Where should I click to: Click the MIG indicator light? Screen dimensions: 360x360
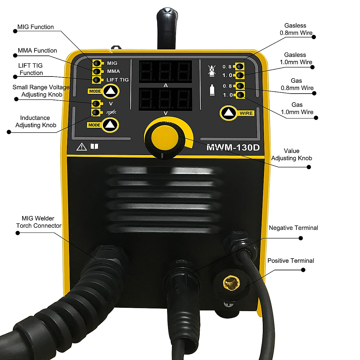tap(97, 63)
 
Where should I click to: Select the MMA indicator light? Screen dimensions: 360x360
tap(97, 71)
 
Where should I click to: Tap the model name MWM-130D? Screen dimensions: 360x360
tap(233, 148)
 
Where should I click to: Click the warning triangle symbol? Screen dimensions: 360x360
tap(81, 147)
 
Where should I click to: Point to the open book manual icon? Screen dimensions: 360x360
tap(94, 146)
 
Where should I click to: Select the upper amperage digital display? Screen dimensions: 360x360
tap(165, 72)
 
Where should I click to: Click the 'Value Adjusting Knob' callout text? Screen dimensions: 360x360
tap(292, 154)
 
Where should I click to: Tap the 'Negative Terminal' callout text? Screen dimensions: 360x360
tap(293, 228)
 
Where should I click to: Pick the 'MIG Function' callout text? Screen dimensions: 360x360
tap(35, 27)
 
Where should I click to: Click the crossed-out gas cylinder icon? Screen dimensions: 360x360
tap(211, 70)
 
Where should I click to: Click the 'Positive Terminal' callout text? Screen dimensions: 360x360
tap(291, 261)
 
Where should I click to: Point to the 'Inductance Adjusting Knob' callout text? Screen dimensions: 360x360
tap(35, 121)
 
